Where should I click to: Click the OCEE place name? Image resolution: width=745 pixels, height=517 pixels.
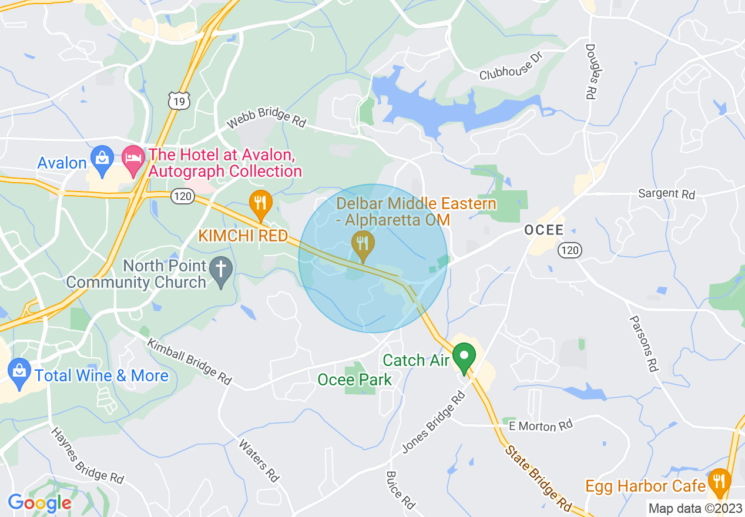(x=544, y=230)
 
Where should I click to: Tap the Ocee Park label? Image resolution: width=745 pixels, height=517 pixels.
(x=354, y=380)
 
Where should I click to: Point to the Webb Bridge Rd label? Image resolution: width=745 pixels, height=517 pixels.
(x=267, y=119)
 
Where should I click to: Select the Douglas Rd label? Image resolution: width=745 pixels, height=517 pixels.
(x=589, y=72)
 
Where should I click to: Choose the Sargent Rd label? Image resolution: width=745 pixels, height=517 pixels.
(x=666, y=193)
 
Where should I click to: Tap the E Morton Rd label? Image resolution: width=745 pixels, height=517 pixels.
(x=541, y=425)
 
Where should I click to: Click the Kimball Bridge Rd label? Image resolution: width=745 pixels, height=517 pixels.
(x=189, y=361)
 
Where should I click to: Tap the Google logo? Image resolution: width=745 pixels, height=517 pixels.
(x=39, y=503)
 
